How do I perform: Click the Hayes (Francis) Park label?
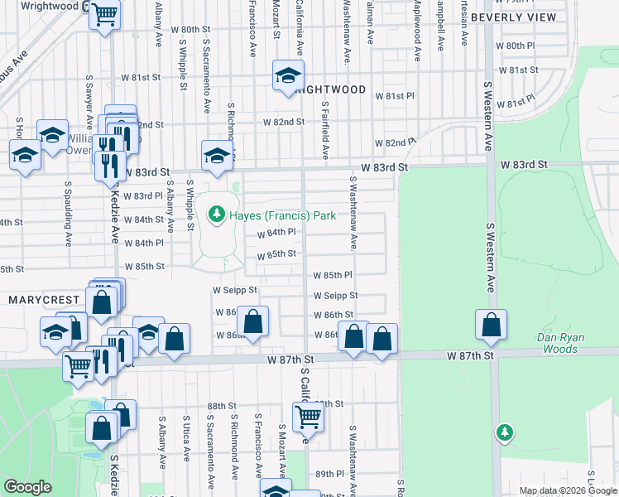283,215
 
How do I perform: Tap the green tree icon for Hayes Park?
217,215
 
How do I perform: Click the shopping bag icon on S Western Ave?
491,326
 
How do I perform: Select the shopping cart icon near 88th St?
308,417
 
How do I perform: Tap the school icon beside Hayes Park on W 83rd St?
217,155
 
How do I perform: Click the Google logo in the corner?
27,486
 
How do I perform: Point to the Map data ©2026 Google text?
568,490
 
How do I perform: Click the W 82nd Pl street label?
394,142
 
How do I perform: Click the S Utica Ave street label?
187,439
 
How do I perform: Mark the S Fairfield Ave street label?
325,130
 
